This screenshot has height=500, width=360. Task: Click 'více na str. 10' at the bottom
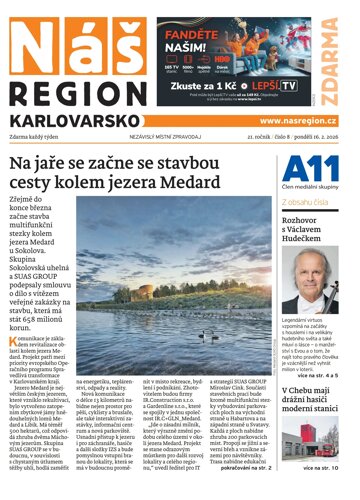(x=328, y=492)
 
